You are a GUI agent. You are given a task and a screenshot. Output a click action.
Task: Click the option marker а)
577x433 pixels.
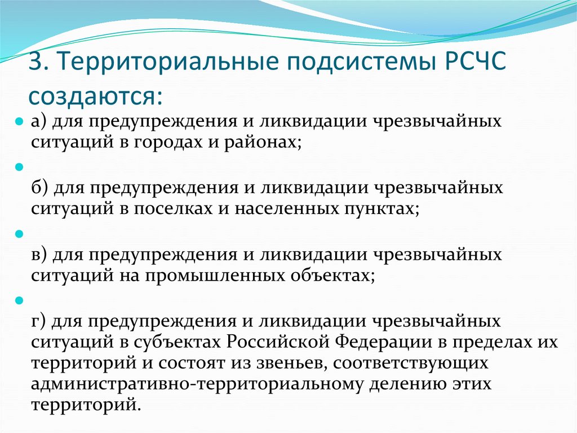click(x=40, y=123)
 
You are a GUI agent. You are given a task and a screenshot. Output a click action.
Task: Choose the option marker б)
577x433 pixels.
click(x=40, y=188)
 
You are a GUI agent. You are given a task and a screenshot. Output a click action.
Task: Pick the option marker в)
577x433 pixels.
click(x=40, y=255)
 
